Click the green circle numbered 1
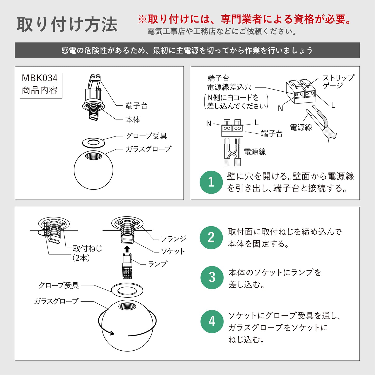211,182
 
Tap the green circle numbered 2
211,238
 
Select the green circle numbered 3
212,278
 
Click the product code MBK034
40,78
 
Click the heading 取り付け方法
67,24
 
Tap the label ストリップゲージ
338,81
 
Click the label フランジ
174,239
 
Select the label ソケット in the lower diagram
173,251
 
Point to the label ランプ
158,264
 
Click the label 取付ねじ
87,249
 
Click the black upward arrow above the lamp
127,249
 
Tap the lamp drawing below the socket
127,266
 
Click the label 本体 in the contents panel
133,120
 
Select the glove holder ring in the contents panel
93,143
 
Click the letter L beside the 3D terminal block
333,105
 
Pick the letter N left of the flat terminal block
209,124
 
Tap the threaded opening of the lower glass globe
127,306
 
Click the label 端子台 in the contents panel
137,106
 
